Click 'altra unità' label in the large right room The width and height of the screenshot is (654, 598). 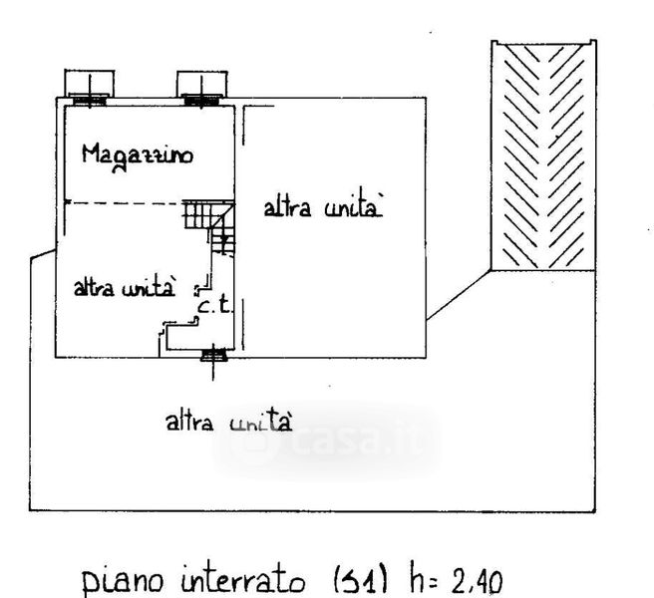click(x=322, y=208)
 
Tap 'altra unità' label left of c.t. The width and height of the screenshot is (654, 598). click(x=126, y=288)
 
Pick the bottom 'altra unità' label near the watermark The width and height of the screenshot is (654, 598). click(x=229, y=421)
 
